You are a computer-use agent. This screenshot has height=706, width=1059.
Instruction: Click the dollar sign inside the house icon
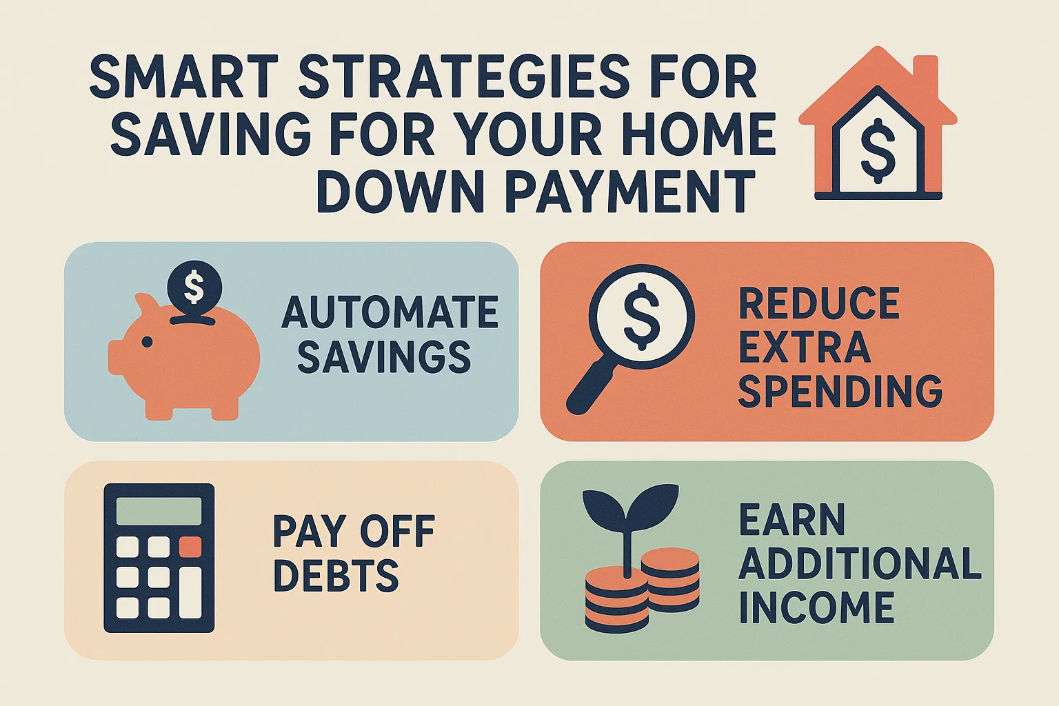pyautogui.click(x=878, y=150)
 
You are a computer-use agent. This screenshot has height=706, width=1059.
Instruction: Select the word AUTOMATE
pyautogui.click(x=390, y=312)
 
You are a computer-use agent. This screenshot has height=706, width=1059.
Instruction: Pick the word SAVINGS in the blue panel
pyautogui.click(x=384, y=357)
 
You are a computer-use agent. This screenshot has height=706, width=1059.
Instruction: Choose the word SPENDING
pyautogui.click(x=840, y=391)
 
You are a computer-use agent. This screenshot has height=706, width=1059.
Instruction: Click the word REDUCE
pyautogui.click(x=819, y=303)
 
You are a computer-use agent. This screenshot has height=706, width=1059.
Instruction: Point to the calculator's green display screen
pyautogui.click(x=159, y=511)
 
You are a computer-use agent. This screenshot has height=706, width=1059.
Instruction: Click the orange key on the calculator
pyautogui.click(x=190, y=547)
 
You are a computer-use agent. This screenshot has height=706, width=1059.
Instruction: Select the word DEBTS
pyautogui.click(x=336, y=576)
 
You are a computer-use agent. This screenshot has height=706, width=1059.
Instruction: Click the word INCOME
pyautogui.click(x=816, y=607)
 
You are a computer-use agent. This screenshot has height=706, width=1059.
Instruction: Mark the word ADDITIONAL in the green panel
pyautogui.click(x=860, y=563)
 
